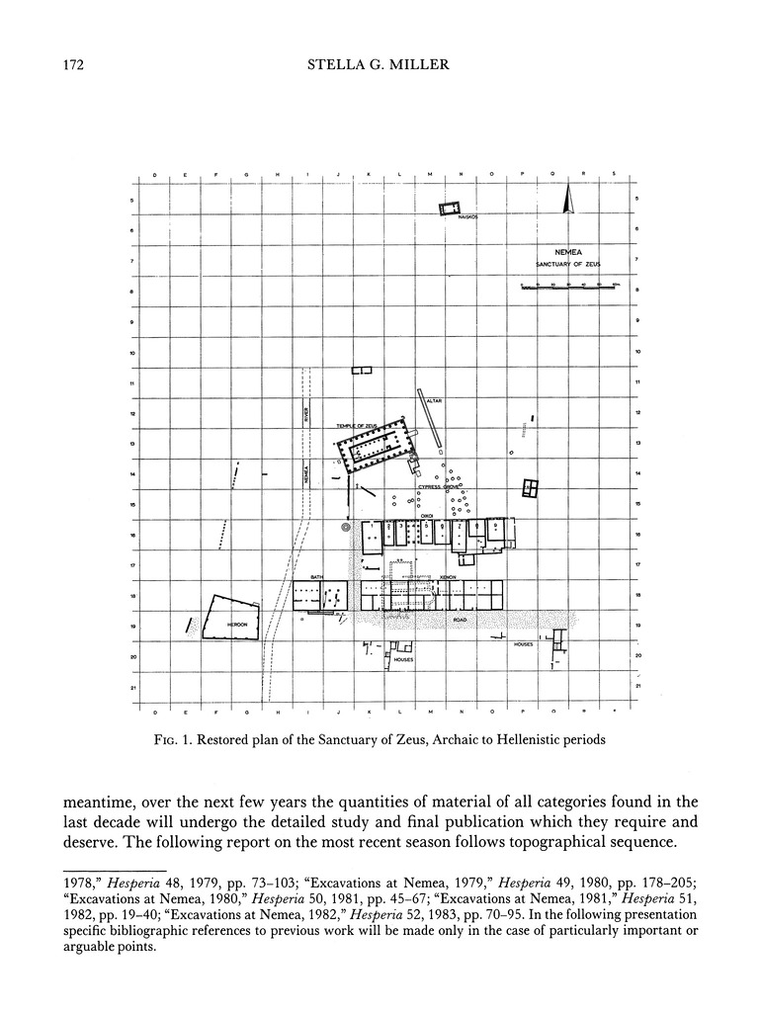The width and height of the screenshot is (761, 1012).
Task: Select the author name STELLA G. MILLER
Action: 380,66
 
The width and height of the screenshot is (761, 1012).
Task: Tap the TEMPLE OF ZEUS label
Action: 357,425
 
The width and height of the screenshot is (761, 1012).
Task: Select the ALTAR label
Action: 434,401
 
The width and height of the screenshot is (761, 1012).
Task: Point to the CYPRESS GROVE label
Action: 436,487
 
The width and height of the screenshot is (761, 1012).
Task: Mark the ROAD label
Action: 459,620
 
